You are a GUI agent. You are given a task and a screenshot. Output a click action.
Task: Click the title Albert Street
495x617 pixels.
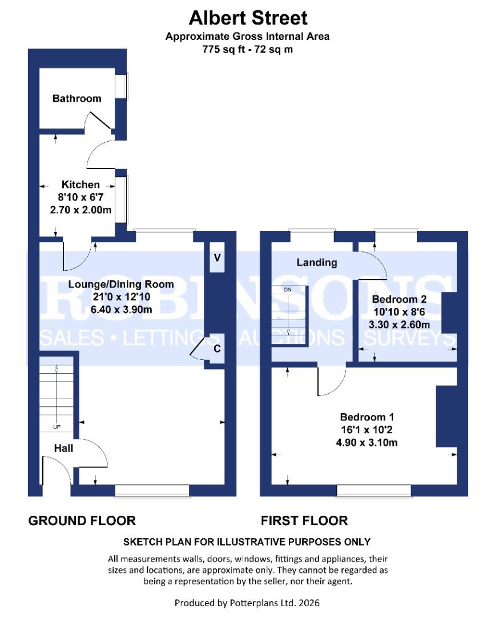(248, 18)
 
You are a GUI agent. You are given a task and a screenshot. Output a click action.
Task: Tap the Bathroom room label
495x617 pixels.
(77, 98)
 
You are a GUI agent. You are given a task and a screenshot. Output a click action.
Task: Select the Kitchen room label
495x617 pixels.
(81, 185)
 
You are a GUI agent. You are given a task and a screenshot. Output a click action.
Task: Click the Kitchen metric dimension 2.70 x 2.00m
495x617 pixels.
(81, 210)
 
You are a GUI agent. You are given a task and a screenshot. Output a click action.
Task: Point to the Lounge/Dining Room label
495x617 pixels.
(121, 284)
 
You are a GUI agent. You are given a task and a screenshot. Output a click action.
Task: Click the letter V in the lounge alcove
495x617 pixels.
(217, 257)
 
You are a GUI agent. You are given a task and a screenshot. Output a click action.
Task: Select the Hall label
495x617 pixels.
(63, 448)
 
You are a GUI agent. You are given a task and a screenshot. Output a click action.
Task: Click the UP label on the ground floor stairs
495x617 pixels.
(57, 427)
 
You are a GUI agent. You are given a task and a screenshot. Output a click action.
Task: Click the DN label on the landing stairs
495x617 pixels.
(288, 290)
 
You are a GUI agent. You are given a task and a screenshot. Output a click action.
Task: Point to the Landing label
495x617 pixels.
(316, 263)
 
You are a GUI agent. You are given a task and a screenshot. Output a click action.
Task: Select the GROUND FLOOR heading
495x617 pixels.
(82, 520)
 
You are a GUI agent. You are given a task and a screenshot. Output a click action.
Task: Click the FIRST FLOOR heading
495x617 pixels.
(304, 520)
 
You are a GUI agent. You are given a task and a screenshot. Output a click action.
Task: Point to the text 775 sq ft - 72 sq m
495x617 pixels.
(248, 50)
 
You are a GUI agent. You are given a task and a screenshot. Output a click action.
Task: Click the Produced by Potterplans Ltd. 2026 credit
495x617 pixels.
(248, 603)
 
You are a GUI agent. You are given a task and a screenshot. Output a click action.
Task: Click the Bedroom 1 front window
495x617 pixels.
(374, 490)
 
